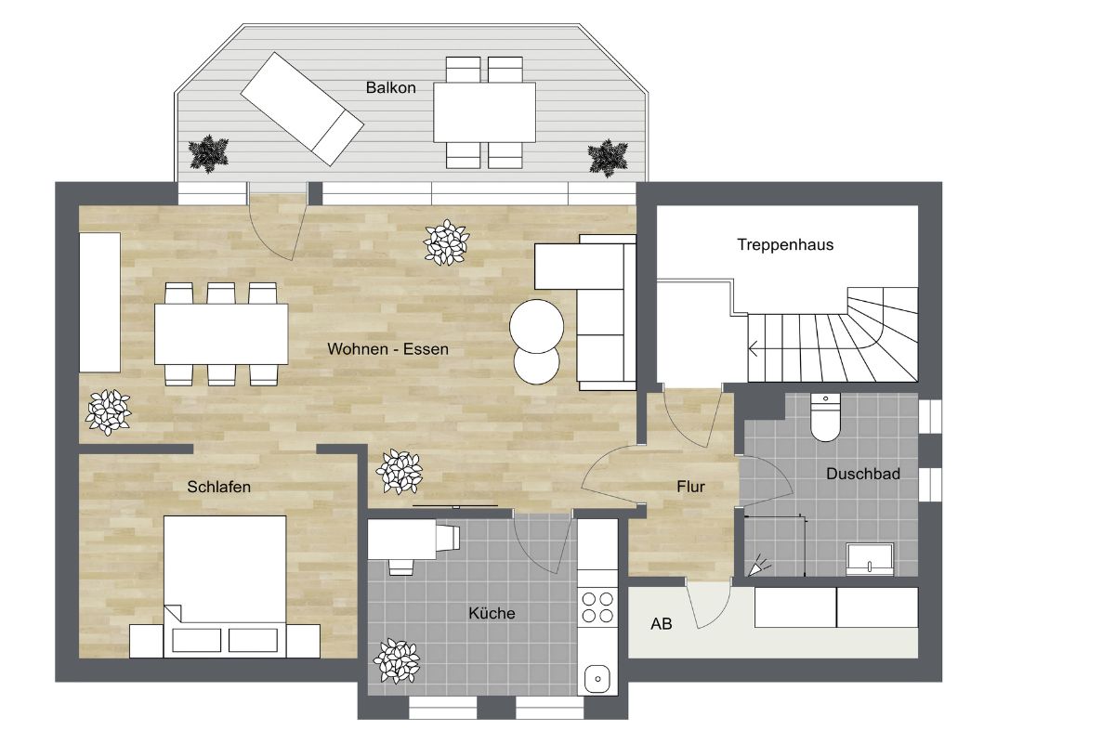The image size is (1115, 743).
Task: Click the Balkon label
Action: [391, 87]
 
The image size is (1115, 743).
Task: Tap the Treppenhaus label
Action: [785, 245]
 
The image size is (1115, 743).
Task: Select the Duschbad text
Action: [863, 474]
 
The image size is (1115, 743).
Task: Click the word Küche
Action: [492, 613]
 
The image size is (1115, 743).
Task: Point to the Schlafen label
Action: [218, 487]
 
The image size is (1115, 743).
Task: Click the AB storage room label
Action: [662, 623]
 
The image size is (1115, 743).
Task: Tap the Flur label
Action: [691, 487]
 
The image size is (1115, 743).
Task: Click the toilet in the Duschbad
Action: [825, 417]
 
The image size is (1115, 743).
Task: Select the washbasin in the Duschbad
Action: [870, 560]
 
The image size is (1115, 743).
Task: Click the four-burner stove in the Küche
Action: [597, 606]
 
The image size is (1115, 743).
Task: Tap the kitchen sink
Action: [597, 678]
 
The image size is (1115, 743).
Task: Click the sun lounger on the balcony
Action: [302, 109]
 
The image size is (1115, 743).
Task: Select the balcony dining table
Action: [484, 112]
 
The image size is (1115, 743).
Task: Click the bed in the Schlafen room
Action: [225, 587]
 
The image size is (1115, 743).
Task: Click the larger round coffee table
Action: [537, 326]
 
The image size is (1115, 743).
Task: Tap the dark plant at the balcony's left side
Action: [208, 154]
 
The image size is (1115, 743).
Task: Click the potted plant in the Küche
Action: [397, 661]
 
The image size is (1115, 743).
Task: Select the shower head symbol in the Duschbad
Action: [759, 566]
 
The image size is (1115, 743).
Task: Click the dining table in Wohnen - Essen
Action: [221, 334]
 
